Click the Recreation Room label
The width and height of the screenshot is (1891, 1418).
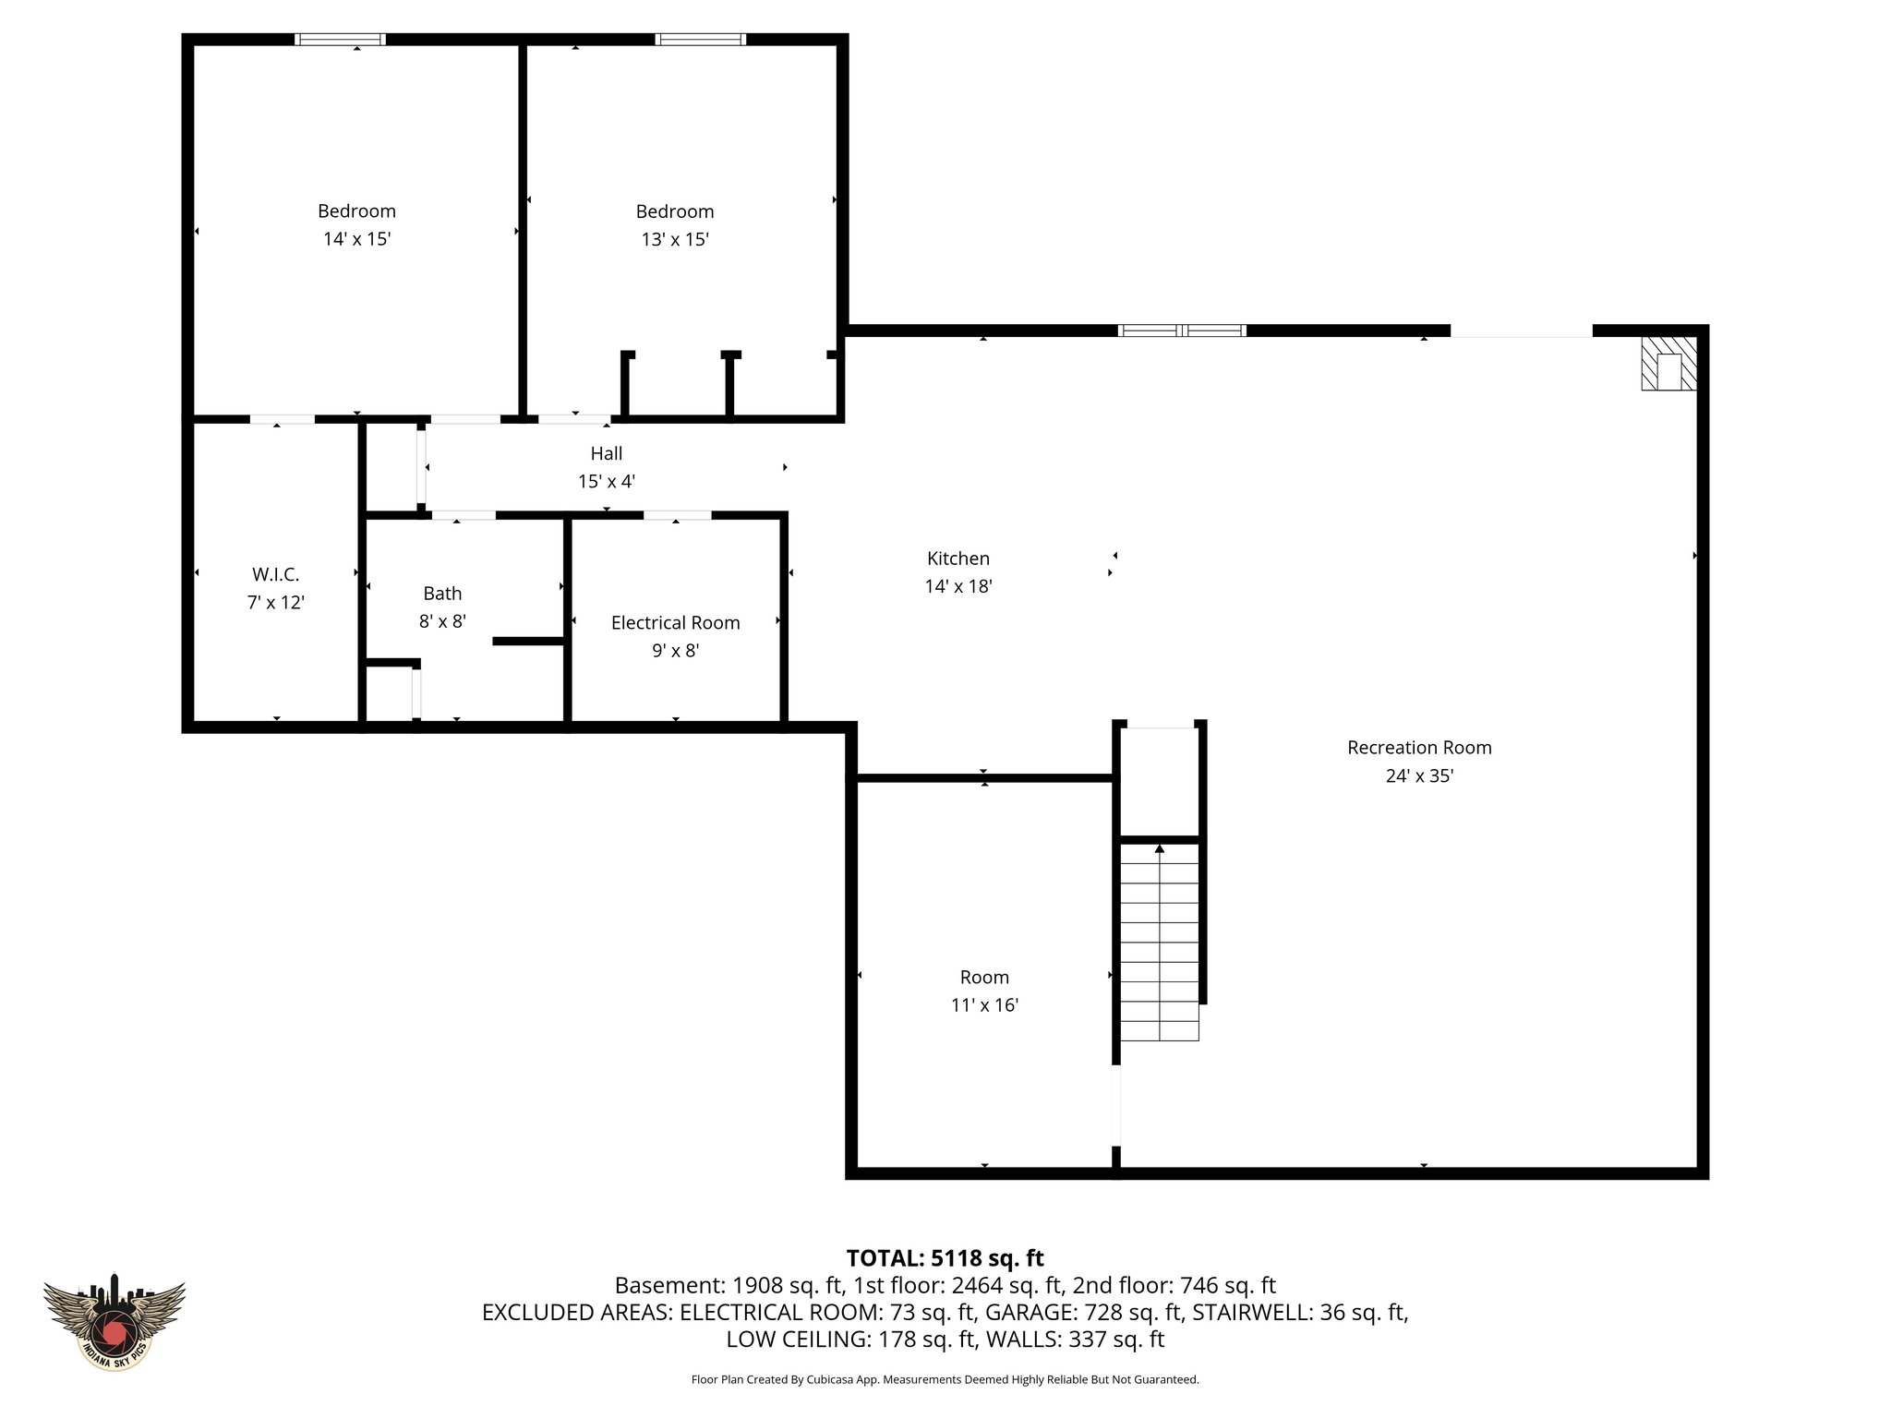pyautogui.click(x=1418, y=748)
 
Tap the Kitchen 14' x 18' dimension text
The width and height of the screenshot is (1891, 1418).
pyautogui.click(x=958, y=586)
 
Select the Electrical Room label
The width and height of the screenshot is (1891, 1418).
pyautogui.click(x=675, y=623)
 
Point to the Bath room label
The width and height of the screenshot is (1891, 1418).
pyautogui.click(x=442, y=594)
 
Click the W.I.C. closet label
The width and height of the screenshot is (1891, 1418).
pyautogui.click(x=275, y=575)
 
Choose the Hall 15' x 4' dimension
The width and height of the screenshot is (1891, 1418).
pyautogui.click(x=607, y=482)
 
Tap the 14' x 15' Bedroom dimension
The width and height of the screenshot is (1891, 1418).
pyautogui.click(x=356, y=239)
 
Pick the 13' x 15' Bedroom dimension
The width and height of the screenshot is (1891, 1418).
pyautogui.click(x=675, y=240)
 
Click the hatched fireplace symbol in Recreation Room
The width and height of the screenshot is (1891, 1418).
pyautogui.click(x=1668, y=363)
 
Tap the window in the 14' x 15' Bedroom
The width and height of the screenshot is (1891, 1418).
pyautogui.click(x=340, y=40)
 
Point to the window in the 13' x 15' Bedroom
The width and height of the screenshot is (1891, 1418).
pyautogui.click(x=701, y=40)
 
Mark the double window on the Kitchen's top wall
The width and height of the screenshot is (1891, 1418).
pyautogui.click(x=1182, y=330)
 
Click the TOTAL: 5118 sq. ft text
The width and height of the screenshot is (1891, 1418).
pyautogui.click(x=945, y=1258)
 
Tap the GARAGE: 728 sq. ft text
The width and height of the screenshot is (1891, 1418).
pyautogui.click(x=1084, y=1312)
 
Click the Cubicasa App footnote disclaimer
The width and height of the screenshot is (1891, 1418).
pyautogui.click(x=945, y=1380)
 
